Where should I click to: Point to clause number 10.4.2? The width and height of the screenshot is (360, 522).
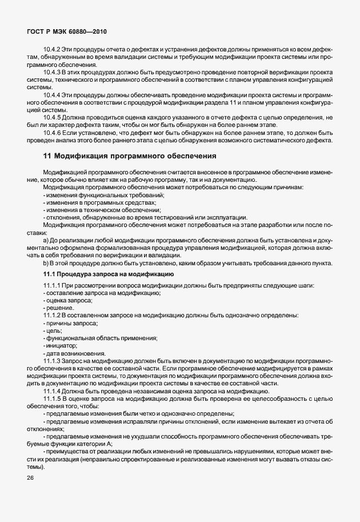click(52, 50)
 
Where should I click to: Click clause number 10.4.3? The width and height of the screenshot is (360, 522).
click(52, 73)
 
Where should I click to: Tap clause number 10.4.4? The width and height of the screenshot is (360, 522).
click(52, 94)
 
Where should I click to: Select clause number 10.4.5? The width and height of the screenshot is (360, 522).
click(52, 117)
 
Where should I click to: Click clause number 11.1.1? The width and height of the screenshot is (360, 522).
click(51, 285)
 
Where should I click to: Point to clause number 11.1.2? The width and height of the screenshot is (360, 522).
click(51, 316)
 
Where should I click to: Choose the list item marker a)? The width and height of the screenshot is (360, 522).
click(45, 241)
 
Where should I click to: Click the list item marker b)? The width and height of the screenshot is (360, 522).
click(45, 264)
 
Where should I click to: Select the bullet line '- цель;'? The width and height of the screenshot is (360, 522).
click(53, 330)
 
